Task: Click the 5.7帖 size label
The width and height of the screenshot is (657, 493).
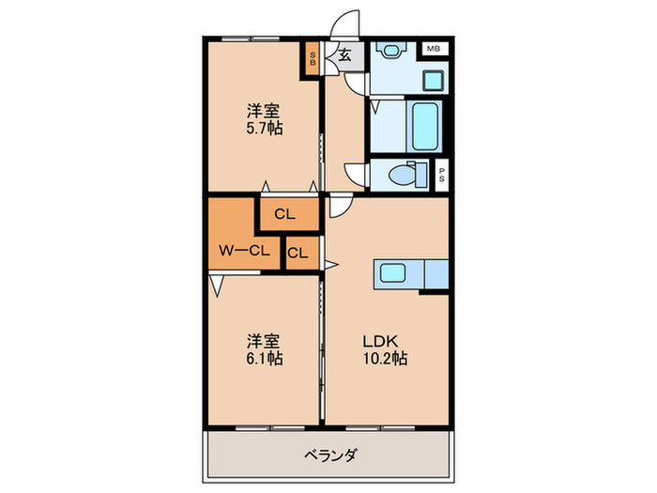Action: (264, 128)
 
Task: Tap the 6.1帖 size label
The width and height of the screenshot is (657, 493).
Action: (264, 359)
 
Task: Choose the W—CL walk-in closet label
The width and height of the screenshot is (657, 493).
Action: (244, 250)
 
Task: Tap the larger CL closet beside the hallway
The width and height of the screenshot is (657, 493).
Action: (285, 215)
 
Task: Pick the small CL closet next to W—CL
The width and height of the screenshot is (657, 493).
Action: (298, 253)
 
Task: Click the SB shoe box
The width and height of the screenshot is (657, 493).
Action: (314, 59)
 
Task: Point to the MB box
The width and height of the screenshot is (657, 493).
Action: (434, 48)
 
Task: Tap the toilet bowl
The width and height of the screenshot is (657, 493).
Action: (401, 175)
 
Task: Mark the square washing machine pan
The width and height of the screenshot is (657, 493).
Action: (433, 78)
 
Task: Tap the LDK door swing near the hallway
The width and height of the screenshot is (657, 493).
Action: (340, 207)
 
